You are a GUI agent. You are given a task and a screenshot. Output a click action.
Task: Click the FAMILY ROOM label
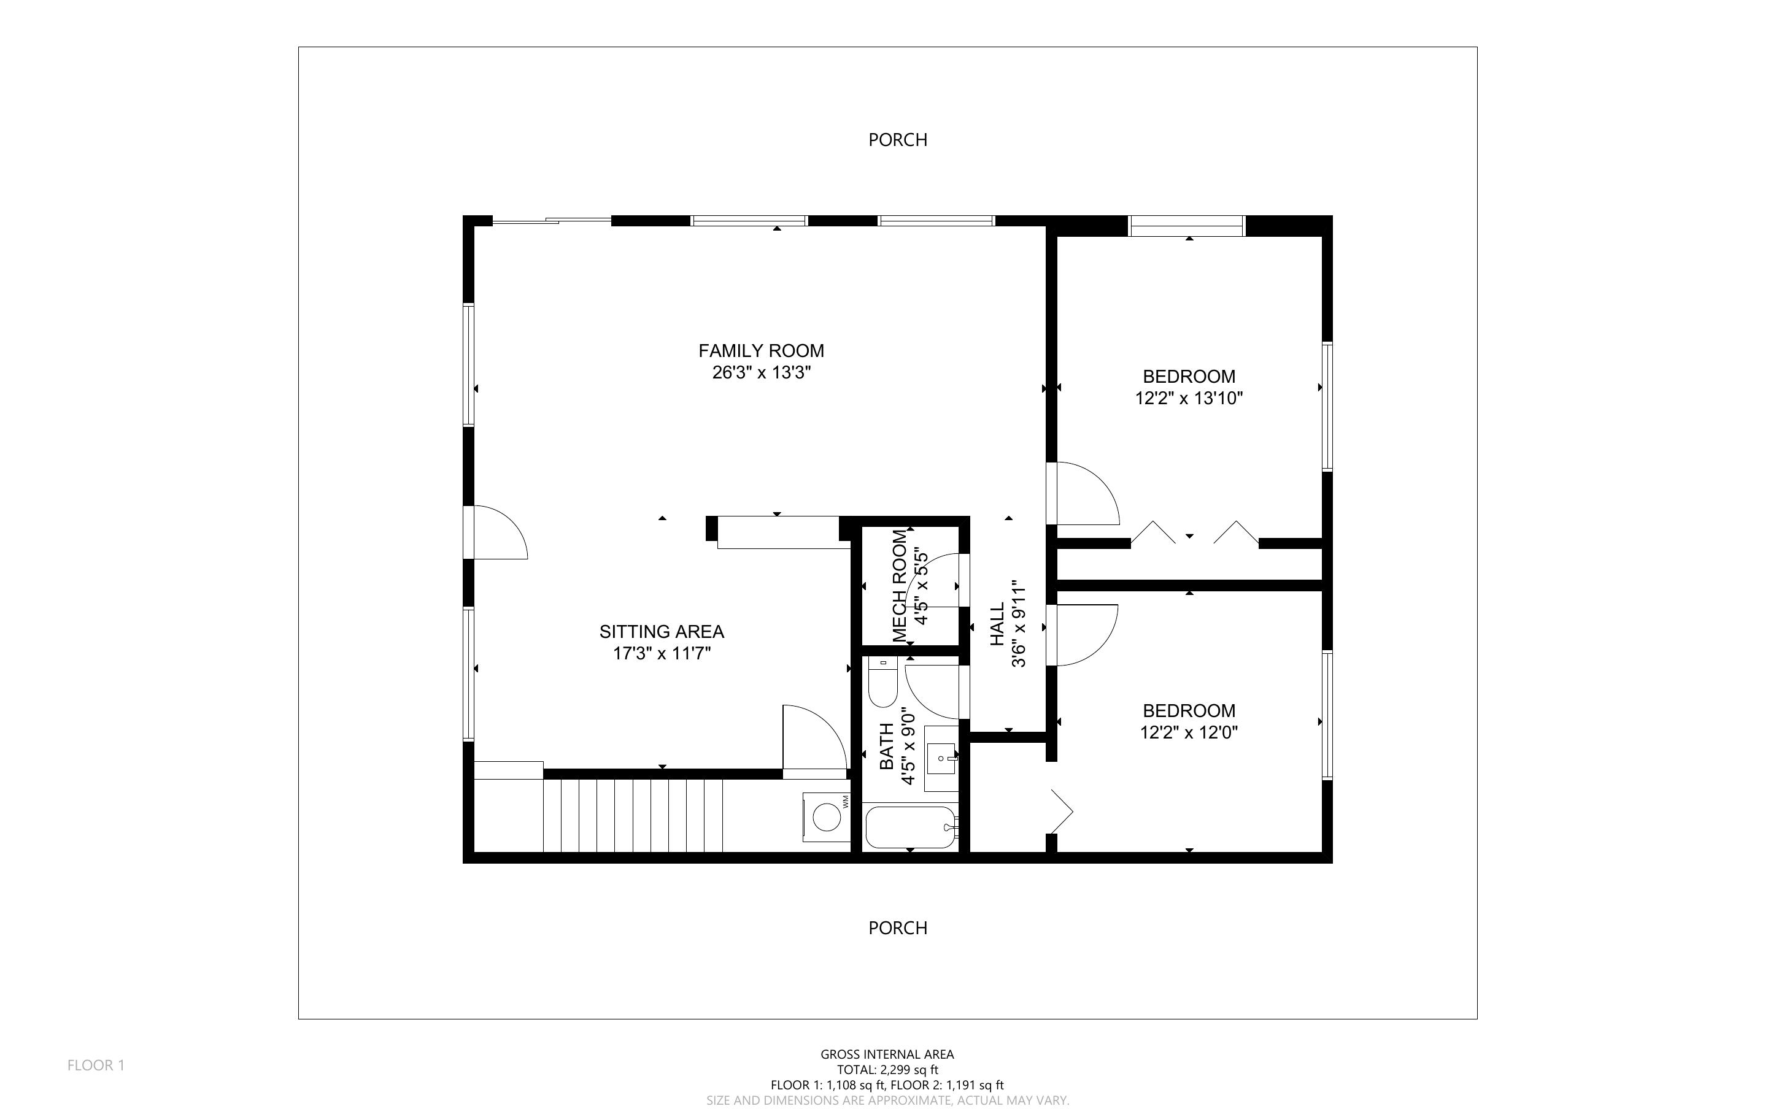pos(761,351)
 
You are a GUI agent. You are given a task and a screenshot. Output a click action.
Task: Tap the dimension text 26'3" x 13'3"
pos(761,372)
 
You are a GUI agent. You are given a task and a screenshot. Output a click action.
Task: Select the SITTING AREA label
pos(661,632)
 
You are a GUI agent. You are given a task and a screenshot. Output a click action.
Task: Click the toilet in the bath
pos(882,682)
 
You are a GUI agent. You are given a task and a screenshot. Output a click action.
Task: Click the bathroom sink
pos(940,758)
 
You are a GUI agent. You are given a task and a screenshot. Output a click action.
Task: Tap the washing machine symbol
pos(826,816)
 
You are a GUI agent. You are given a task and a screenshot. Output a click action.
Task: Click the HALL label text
pos(997,624)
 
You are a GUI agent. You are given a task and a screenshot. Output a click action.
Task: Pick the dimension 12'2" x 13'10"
pos(1189,398)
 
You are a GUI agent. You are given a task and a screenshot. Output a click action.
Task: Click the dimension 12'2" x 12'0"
pos(1189,732)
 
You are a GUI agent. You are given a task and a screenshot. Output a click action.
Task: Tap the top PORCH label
pos(897,139)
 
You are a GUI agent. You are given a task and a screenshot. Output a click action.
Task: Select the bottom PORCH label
pos(897,928)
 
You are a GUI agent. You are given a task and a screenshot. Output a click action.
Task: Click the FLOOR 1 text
pos(96,1065)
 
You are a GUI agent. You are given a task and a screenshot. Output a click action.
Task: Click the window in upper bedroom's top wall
pos(1186,226)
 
